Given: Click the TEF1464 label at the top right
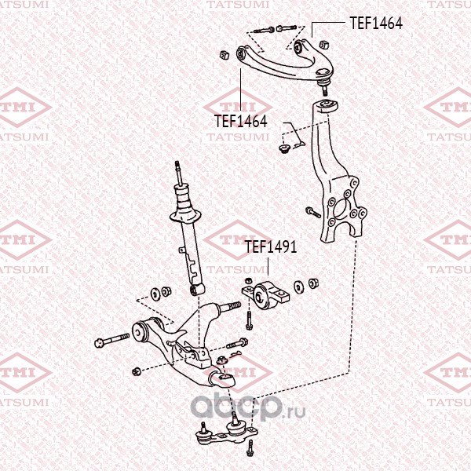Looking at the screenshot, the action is click(x=376, y=24).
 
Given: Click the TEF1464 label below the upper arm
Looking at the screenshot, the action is click(x=241, y=122).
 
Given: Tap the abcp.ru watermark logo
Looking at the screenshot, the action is click(x=239, y=409).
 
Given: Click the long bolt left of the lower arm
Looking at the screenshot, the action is click(x=114, y=341).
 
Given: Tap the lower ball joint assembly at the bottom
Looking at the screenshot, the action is click(x=225, y=431).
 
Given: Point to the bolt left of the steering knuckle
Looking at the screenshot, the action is click(x=312, y=211).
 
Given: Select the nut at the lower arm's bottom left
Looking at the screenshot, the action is click(x=137, y=371).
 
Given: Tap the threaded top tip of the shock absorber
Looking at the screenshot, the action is click(x=180, y=170).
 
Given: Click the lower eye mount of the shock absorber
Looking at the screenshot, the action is click(x=197, y=291).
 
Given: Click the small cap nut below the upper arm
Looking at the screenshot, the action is click(x=283, y=146).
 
